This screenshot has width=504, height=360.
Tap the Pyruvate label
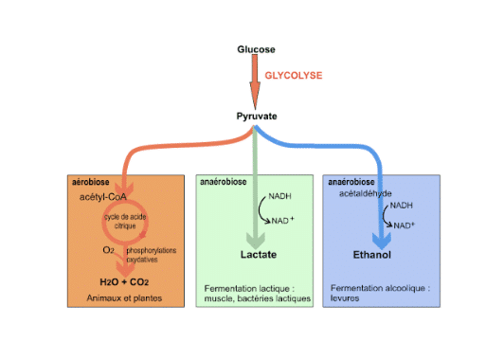(255, 117)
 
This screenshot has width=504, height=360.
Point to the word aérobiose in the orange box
(91, 182)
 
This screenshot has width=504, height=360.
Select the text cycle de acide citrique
(126, 223)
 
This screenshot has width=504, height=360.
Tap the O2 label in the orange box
(109, 251)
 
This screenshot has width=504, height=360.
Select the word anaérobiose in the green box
(223, 182)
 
